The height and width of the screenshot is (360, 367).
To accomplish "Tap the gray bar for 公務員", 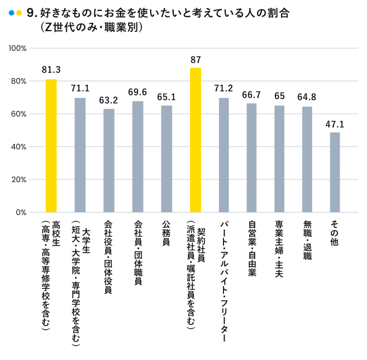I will pos(167,159).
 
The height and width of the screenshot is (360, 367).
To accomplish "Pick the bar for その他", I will pos(335,172).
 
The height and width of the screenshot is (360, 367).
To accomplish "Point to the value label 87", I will pos(196,59).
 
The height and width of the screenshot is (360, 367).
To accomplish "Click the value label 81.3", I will pos(51,69).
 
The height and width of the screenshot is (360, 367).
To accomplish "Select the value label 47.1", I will pos(335,123).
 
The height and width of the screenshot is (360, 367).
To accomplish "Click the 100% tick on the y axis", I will pos(18,48).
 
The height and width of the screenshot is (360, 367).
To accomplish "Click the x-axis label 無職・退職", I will pos(307,240).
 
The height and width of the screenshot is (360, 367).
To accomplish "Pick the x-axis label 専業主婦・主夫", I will pos(279,247).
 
